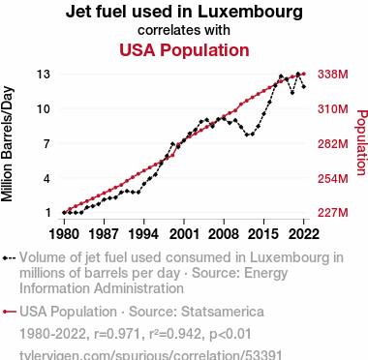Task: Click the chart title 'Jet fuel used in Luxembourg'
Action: (184, 12)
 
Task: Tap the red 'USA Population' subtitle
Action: (184, 50)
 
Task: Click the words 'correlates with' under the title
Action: (184, 30)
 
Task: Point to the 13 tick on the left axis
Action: (44, 75)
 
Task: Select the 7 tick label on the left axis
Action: (47, 143)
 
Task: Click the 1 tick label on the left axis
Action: (47, 213)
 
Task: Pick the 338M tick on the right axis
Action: (333, 75)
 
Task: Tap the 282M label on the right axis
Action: (333, 143)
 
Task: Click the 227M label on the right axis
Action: (333, 213)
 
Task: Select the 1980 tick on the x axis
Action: (64, 233)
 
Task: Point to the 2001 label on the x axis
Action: (184, 233)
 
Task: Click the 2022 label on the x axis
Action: (303, 233)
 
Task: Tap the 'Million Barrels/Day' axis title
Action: (7, 144)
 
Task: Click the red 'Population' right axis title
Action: (362, 142)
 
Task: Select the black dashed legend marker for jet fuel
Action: (9, 258)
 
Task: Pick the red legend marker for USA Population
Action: (9, 312)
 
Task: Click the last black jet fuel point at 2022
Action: (304, 86)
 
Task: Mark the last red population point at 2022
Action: (304, 74)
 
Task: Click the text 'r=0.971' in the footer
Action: (118, 334)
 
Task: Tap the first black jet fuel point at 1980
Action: (64, 213)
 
